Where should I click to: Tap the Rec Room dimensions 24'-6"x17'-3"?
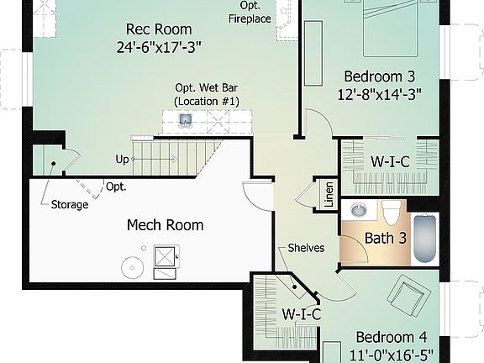159,47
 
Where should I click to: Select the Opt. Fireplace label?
250,12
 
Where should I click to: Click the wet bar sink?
185,119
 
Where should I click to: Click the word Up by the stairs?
123,159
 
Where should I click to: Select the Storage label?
69,204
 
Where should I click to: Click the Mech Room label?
165,225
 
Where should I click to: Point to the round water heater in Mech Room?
132,268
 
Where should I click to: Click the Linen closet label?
328,195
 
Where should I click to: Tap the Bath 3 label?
386,238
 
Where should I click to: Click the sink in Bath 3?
359,210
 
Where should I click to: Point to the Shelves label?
306,248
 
